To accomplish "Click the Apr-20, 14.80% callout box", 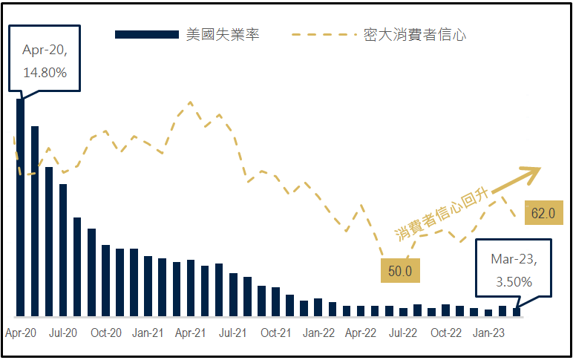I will (x=45, y=62).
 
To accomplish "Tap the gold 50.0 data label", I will (x=400, y=271).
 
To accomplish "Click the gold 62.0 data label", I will (x=543, y=213).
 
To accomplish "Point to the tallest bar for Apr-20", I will (x=20, y=208).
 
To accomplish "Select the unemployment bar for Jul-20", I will (x=63, y=251).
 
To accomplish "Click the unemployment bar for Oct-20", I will (x=106, y=281).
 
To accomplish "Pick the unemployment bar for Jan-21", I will (x=148, y=287).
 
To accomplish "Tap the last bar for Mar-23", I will (x=517, y=312).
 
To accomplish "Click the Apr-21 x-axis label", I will (x=190, y=333).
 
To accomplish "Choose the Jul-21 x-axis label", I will (x=233, y=333).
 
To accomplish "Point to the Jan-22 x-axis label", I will (x=318, y=333).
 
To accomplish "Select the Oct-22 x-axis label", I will (x=447, y=333).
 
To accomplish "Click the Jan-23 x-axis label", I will (x=489, y=333).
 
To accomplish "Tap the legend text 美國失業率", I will (x=223, y=35).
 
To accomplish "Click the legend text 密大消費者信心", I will (x=415, y=35).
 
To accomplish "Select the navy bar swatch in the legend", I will (x=147, y=35).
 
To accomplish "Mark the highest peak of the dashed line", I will (x=191, y=102).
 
